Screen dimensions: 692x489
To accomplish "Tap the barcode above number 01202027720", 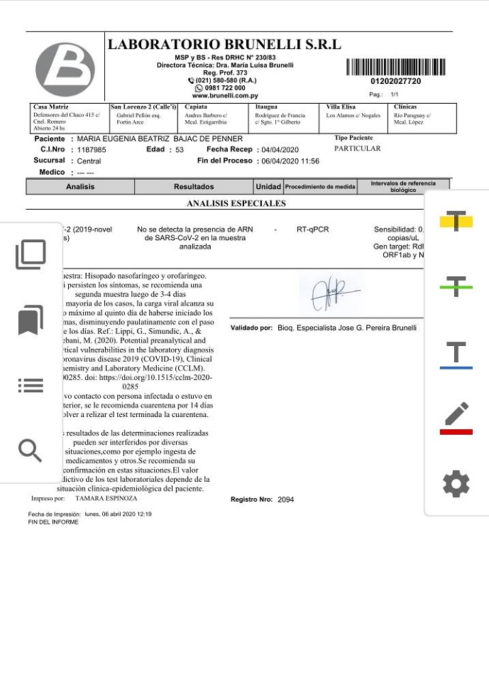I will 396,67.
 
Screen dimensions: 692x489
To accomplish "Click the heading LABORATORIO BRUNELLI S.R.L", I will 224,45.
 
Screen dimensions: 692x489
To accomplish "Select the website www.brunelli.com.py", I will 224,95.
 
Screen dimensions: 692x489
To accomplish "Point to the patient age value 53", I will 180,150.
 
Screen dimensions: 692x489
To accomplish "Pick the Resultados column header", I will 194,187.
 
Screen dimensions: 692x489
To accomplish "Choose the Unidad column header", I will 268,187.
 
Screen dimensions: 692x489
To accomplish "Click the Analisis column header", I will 80,187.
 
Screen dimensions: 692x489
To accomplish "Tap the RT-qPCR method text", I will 312,229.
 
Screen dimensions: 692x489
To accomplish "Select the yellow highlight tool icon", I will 456,221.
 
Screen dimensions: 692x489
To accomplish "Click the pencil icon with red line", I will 456,418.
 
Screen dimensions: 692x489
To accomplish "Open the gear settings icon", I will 456,484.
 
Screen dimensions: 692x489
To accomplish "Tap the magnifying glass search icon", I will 30,450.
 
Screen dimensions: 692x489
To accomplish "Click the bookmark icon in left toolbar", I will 30,320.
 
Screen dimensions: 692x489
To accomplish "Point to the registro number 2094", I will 285,499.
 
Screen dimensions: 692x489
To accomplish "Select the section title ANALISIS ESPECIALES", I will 236,203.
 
